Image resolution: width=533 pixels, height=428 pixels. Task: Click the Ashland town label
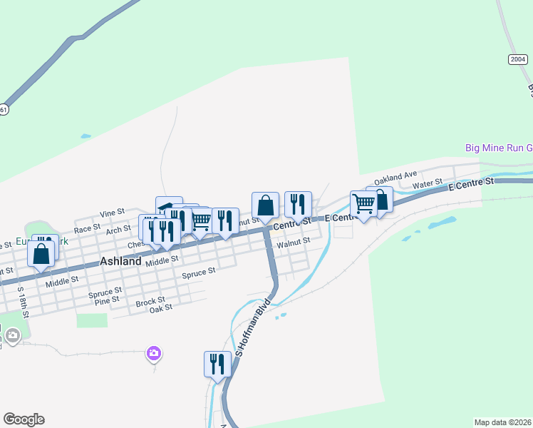[x=120, y=261]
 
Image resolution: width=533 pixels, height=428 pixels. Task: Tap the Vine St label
[x=112, y=213]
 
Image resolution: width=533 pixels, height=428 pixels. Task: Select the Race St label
[x=87, y=228]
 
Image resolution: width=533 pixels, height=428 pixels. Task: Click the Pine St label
[x=107, y=300]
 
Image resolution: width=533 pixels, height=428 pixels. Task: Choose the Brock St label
[x=150, y=302]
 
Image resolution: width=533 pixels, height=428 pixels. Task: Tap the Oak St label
[x=162, y=309]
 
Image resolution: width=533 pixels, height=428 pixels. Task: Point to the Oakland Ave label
[x=395, y=175]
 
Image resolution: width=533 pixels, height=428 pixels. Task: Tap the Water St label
[x=428, y=184]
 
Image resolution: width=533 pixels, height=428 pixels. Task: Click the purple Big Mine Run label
[x=498, y=148]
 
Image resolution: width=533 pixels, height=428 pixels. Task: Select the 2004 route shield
[x=518, y=59]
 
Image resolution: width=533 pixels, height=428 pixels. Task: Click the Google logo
[x=24, y=419]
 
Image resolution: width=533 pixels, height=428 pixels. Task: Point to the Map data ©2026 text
[x=502, y=422]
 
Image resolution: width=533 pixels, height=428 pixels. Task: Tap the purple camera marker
[x=154, y=353]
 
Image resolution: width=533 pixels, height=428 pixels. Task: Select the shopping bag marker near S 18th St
[x=41, y=253]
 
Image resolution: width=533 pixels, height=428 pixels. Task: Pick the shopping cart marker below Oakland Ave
[x=363, y=204]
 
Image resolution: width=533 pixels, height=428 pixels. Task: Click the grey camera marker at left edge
[x=12, y=335]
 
